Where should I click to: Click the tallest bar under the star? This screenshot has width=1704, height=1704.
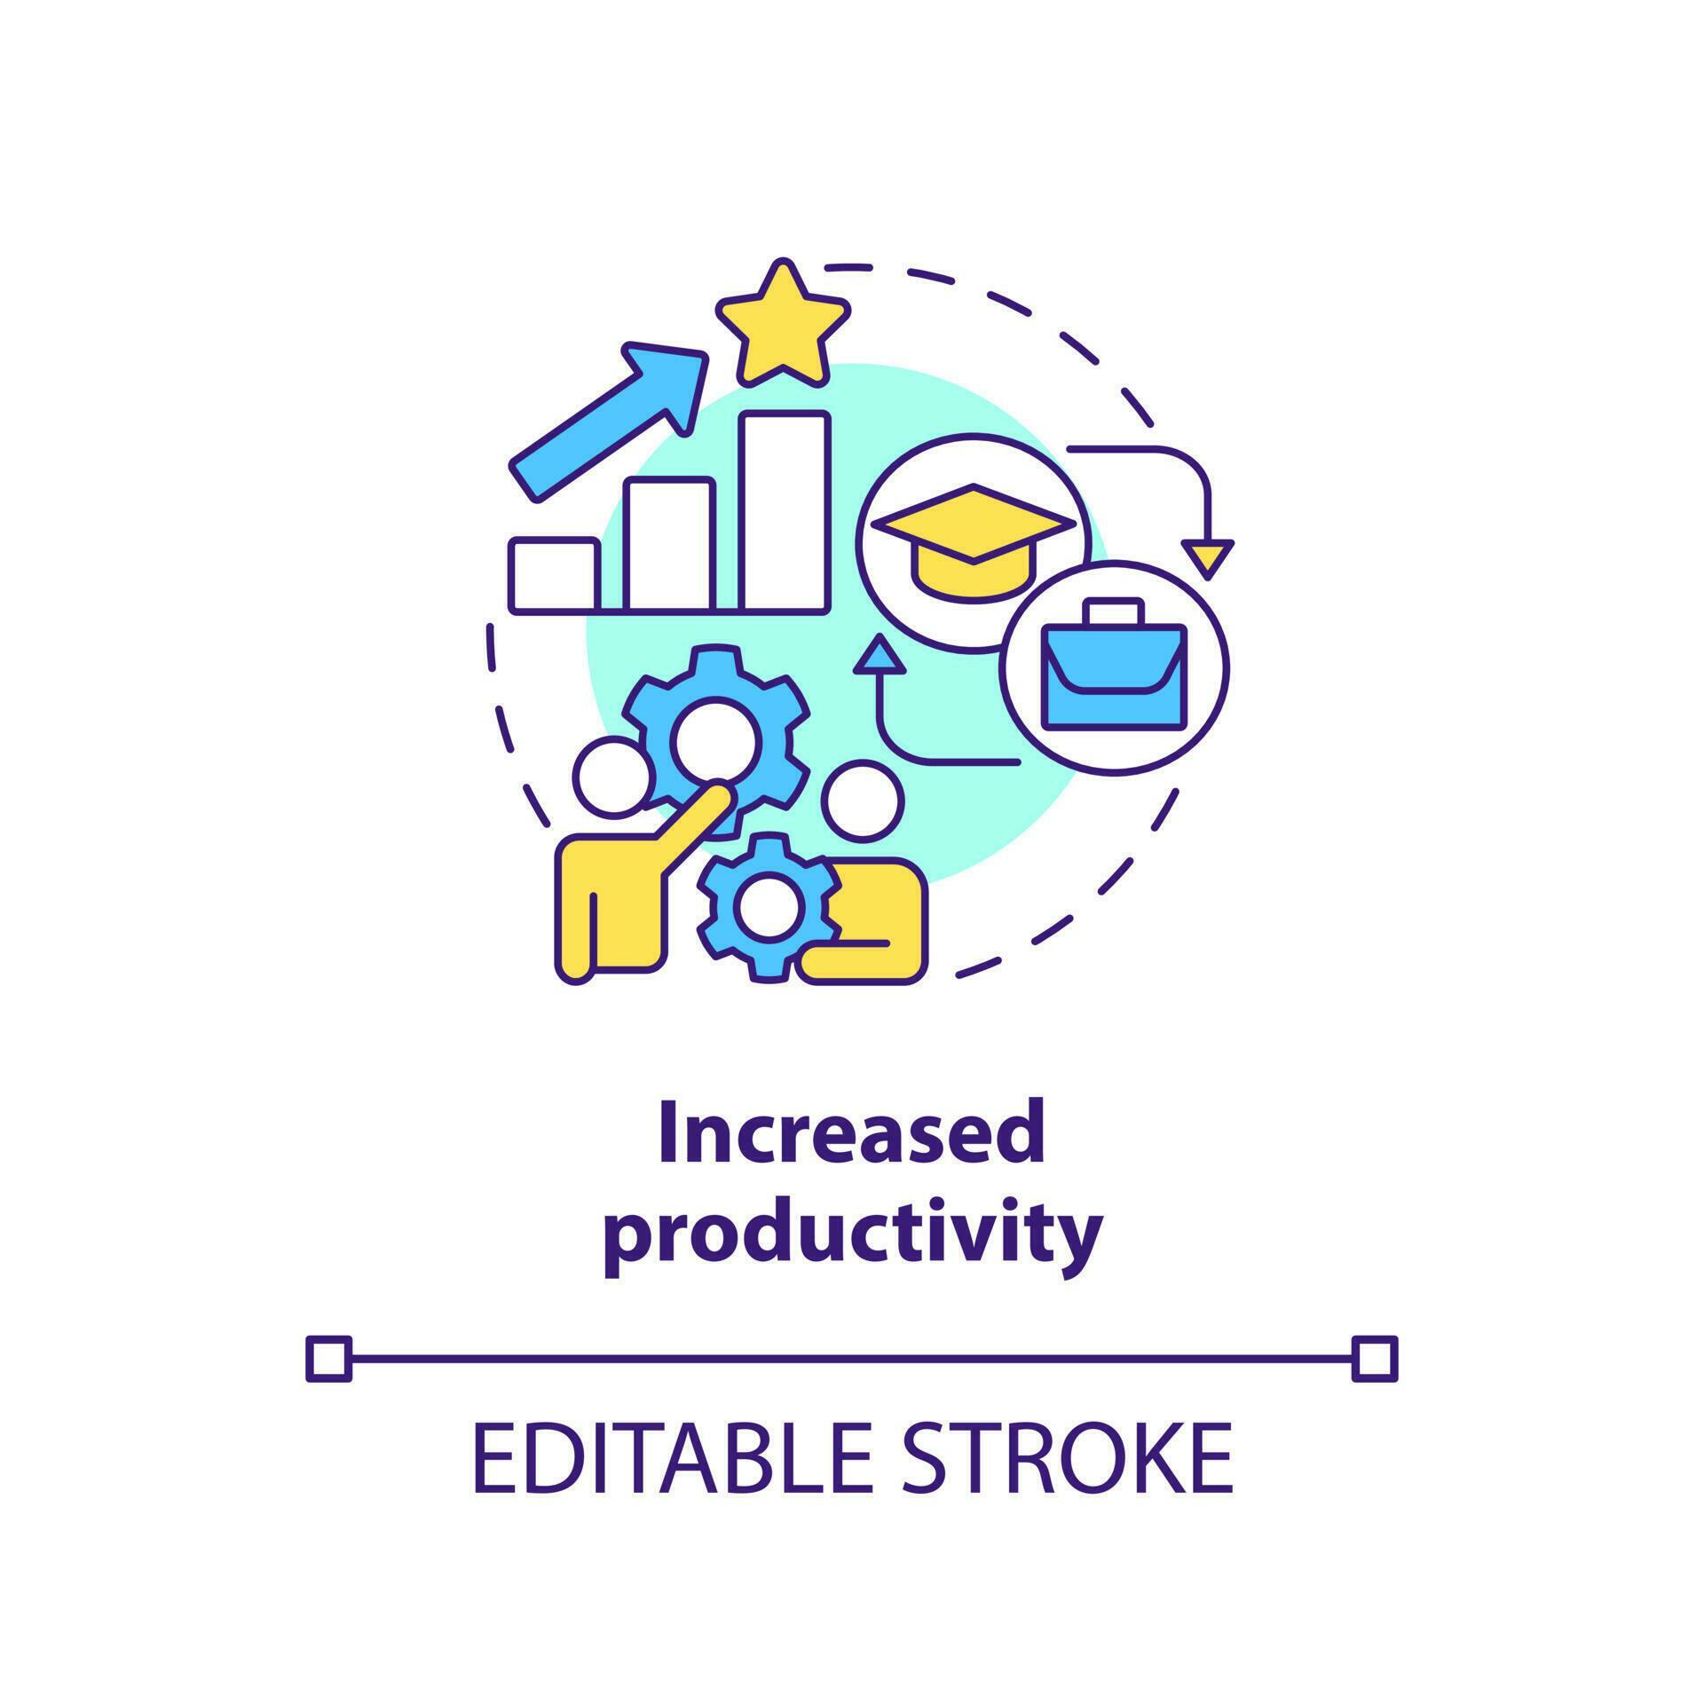tap(785, 513)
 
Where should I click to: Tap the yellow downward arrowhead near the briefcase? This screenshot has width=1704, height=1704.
tap(1208, 557)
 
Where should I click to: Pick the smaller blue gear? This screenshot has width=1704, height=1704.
tap(769, 907)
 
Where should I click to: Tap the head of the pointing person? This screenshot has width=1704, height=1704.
tap(613, 777)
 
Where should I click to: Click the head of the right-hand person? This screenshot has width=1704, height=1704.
tap(863, 801)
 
